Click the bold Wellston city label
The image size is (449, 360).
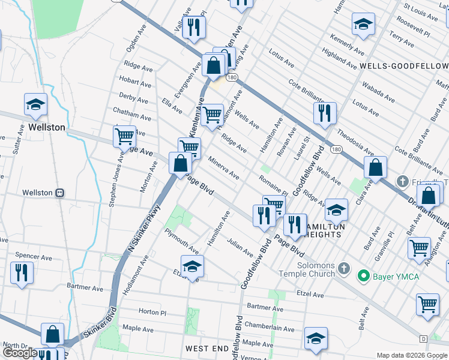[47, 128]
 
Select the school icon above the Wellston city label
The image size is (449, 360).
[36, 104]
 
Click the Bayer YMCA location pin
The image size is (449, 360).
[363, 275]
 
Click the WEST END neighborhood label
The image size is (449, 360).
[206, 349]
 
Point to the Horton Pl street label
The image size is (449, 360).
[152, 312]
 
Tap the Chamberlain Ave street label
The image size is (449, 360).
[270, 329]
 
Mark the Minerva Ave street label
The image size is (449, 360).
[224, 169]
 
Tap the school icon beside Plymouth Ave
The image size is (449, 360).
[192, 266]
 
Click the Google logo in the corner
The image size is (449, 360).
[20, 352]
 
